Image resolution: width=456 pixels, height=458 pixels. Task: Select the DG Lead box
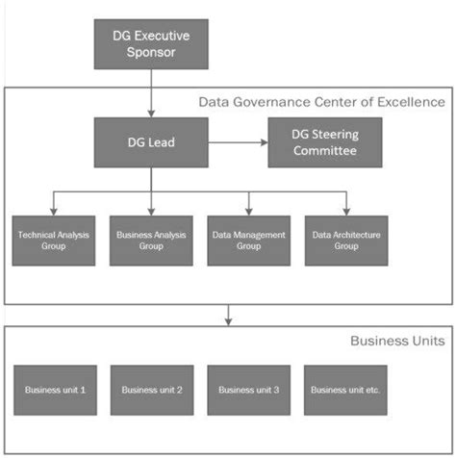152,142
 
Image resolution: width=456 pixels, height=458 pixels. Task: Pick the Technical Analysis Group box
55,239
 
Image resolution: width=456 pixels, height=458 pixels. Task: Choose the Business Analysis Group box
152,239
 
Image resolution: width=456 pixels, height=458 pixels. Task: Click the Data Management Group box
250,239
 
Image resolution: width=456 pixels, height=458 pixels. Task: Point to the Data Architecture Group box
346,239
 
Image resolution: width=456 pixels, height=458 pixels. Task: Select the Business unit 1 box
55,389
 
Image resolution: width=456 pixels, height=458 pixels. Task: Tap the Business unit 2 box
152,389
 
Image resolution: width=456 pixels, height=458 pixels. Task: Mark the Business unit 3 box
250,389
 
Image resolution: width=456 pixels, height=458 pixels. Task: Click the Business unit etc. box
346,389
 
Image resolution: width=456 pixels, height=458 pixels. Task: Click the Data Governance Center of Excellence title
321,101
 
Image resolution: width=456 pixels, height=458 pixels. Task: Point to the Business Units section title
397,341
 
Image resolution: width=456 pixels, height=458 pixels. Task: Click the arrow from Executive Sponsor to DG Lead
152,95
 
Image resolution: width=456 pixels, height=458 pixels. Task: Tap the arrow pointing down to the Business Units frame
228,314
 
